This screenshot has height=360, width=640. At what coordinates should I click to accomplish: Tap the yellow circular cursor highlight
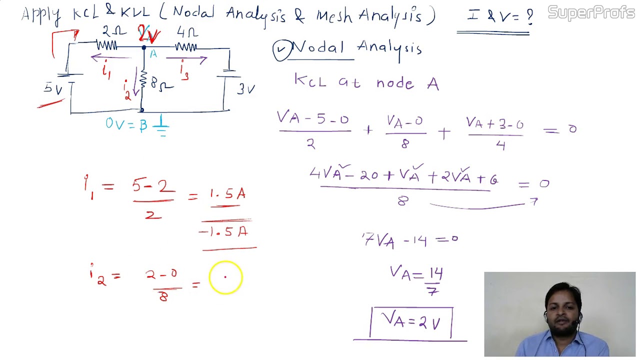(x=225, y=277)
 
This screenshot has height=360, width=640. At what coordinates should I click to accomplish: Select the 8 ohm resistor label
(x=161, y=85)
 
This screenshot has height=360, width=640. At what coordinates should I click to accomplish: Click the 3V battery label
(x=246, y=89)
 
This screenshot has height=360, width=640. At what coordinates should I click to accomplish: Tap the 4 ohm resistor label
(x=187, y=33)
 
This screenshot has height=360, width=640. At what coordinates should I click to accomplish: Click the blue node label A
(x=153, y=54)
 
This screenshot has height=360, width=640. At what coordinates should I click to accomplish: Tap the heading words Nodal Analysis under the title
(x=356, y=48)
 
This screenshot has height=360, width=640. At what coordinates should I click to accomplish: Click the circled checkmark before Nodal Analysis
(x=282, y=50)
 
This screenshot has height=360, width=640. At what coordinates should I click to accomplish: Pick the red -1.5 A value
(x=223, y=232)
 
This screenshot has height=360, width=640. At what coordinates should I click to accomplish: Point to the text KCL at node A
(x=366, y=82)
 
